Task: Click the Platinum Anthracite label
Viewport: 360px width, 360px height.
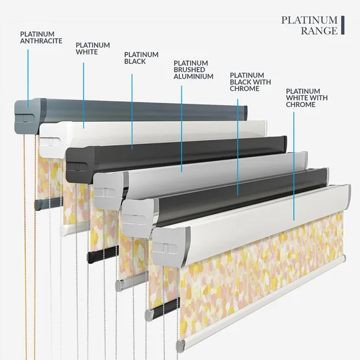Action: [41, 38]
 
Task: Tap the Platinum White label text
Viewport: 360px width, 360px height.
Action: [93, 49]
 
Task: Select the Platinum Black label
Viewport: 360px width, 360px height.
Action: [141, 58]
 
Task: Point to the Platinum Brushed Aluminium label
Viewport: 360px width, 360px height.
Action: [193, 70]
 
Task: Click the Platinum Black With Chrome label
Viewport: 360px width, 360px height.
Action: [250, 82]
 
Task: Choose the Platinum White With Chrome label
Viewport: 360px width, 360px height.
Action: [307, 98]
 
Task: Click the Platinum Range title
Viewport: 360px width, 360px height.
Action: [309, 25]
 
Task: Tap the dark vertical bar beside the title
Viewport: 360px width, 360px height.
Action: [342, 25]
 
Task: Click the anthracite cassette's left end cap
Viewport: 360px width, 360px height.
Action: [27, 116]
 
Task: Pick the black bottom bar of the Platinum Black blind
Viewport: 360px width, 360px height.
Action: [102, 254]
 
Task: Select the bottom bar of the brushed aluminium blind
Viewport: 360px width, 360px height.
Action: [131, 282]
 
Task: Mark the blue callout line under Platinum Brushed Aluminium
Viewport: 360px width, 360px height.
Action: [182, 129]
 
